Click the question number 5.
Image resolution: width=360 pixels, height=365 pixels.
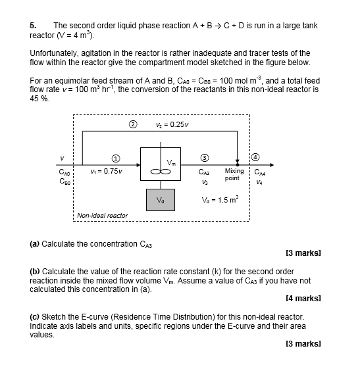(x=32, y=24)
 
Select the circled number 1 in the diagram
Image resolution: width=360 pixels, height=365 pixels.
(x=116, y=158)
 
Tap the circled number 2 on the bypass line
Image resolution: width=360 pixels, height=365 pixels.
(x=132, y=124)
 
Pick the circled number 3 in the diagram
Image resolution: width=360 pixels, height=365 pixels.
(x=205, y=158)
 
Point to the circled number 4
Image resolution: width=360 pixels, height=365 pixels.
(x=257, y=158)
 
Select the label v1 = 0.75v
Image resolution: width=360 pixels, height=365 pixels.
(x=104, y=173)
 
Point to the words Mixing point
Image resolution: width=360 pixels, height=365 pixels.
(x=234, y=174)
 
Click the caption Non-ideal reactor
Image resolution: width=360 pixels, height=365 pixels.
(x=102, y=215)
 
